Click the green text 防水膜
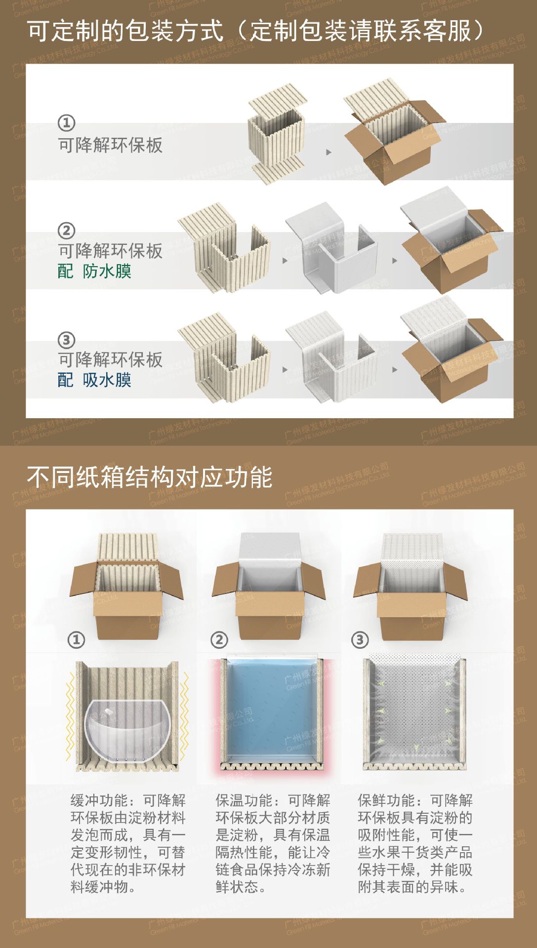pyautogui.click(x=107, y=271)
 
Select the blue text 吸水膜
pyautogui.click(x=107, y=380)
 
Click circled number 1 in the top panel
pyautogui.click(x=67, y=122)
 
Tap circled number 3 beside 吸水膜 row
pyautogui.click(x=67, y=340)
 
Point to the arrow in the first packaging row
pyautogui.click(x=329, y=152)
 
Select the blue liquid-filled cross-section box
pyautogui.click(x=269, y=711)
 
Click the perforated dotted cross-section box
pyautogui.click(x=414, y=711)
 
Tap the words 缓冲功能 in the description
pyautogui.click(x=99, y=800)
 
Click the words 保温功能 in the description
pyautogui.click(x=244, y=800)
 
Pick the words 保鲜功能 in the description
pyautogui.click(x=386, y=800)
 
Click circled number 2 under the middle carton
pyautogui.click(x=219, y=640)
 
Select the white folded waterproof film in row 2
pyautogui.click(x=331, y=247)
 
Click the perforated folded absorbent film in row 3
pyautogui.click(x=331, y=355)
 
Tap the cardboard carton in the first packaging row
pyautogui.click(x=395, y=148)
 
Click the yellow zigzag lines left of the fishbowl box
pyautogui.click(x=70, y=716)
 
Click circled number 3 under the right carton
pyautogui.click(x=360, y=640)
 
